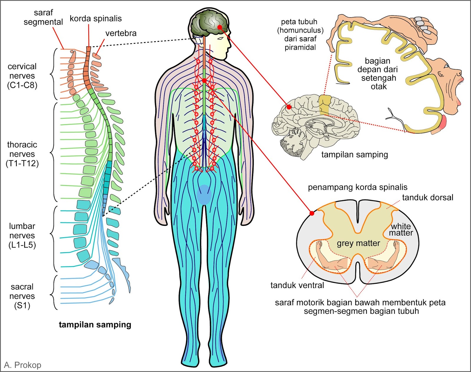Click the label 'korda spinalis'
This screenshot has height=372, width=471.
(95, 19)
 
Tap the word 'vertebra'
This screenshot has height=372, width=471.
(121, 33)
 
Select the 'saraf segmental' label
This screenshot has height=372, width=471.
(43, 17)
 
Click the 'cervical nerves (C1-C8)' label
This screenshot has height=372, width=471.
(22, 76)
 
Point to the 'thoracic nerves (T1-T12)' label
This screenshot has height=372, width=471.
(22, 154)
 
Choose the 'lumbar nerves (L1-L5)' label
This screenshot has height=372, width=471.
(22, 235)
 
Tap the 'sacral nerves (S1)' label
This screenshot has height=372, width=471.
(22, 296)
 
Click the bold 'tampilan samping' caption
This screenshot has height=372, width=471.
(95, 325)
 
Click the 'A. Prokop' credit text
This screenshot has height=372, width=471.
(23, 365)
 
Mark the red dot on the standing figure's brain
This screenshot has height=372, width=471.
(220, 27)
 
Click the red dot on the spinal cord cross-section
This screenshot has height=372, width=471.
(312, 213)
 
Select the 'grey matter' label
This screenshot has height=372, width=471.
(358, 243)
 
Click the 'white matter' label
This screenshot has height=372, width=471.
(401, 230)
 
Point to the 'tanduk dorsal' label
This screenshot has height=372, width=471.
(427, 197)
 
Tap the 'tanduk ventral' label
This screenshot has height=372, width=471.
(297, 285)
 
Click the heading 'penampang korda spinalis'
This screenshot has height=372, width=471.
(357, 187)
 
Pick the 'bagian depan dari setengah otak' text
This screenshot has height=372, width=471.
(378, 74)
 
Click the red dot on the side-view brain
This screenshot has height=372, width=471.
(289, 107)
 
